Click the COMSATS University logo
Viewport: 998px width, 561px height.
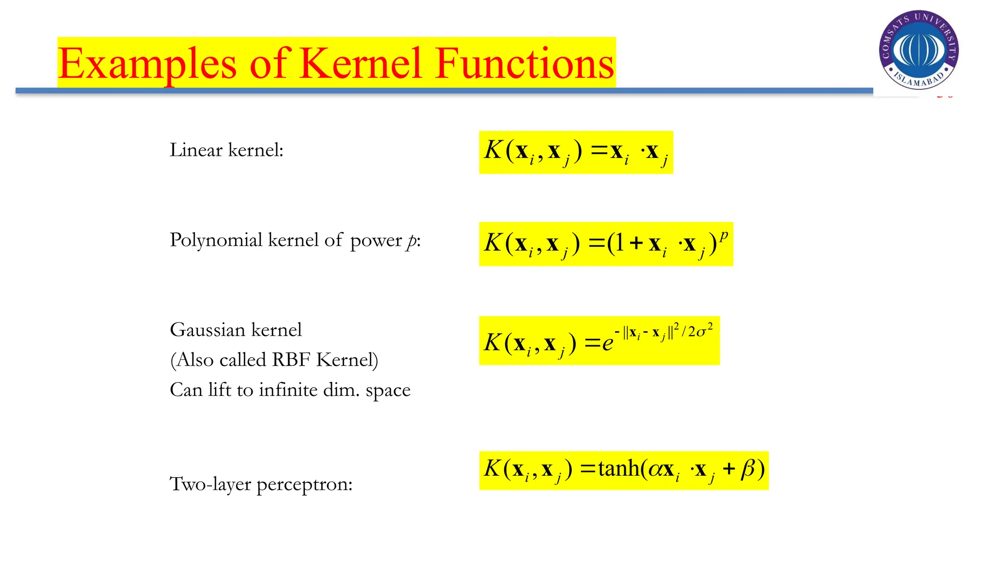pos(919,50)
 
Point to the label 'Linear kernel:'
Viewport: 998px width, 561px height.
pos(226,150)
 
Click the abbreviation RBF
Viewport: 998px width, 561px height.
pos(291,360)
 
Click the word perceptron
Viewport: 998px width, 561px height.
pos(304,484)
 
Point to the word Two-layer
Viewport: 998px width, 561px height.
pos(210,484)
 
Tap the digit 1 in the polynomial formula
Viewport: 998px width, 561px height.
pos(619,242)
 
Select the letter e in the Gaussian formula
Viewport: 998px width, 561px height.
pos(607,344)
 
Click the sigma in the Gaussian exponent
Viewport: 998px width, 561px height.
pos(701,332)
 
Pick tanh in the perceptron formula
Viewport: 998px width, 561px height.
pos(619,468)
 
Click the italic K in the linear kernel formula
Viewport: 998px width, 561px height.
pos(493,150)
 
